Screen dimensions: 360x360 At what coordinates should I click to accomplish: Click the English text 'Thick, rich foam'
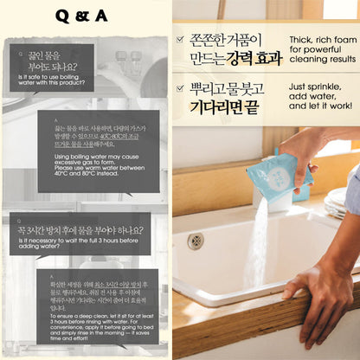pos(320,48)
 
